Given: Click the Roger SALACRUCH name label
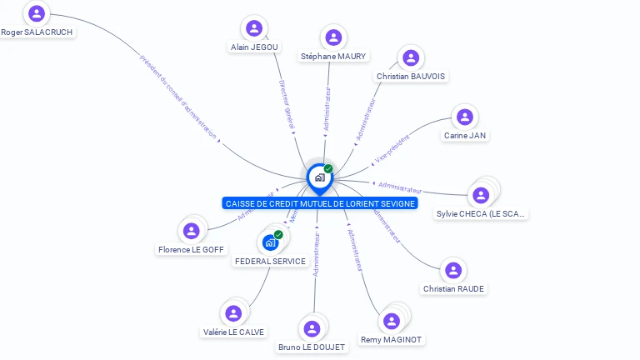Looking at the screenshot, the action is (37, 32).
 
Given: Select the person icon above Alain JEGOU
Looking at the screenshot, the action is (254, 28).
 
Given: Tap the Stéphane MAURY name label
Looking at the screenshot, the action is (333, 57).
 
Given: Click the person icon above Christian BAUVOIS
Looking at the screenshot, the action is (410, 57).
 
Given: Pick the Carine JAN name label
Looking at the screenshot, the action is (465, 135).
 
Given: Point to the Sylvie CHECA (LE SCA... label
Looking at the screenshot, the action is (482, 214).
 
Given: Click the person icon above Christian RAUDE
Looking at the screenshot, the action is (453, 270).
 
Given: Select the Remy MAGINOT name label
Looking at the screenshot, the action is (391, 340).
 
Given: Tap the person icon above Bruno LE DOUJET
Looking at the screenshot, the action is (312, 328).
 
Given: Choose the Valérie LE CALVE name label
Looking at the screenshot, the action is (233, 332).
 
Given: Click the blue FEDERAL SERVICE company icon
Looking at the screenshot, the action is (270, 242).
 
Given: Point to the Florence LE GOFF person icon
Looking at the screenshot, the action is (192, 231).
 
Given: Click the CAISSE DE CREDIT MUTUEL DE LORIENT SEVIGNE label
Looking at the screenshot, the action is (320, 203).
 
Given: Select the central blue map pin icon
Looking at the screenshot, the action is (319, 177).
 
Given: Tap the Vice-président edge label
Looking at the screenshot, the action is (392, 147).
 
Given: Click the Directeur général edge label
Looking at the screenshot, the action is (286, 105).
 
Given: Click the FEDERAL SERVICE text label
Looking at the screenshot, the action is (270, 261).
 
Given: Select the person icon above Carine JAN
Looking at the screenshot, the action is (465, 117).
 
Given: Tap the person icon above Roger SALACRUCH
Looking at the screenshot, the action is (37, 13).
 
